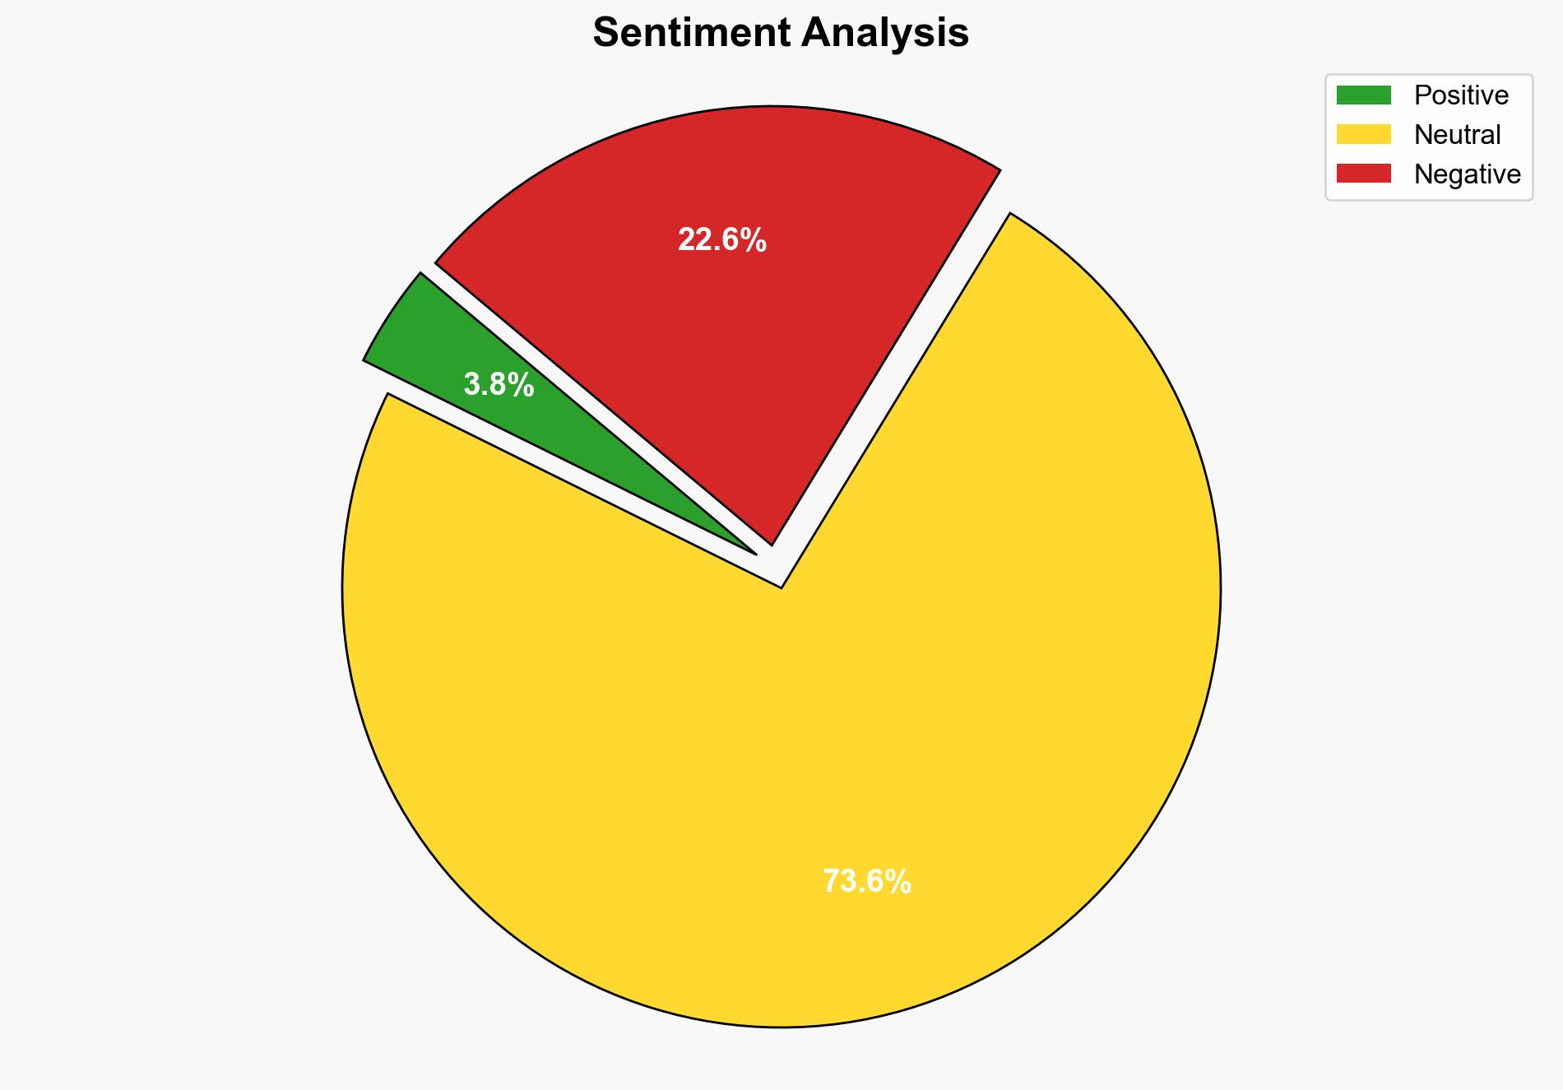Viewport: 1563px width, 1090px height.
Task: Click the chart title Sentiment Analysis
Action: pyautogui.click(x=781, y=34)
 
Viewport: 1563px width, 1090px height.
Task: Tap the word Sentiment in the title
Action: pyautogui.click(x=691, y=34)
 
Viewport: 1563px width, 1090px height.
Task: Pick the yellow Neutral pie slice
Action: pyautogui.click(x=781, y=782)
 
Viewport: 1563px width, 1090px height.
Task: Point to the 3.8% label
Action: pyautogui.click(x=499, y=385)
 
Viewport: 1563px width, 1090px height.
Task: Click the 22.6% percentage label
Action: pyautogui.click(x=721, y=240)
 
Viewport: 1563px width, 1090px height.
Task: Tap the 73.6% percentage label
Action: pyautogui.click(x=866, y=882)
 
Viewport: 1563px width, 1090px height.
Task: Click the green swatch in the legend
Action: pyautogui.click(x=1363, y=95)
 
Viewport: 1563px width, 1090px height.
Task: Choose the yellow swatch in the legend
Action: pyautogui.click(x=1363, y=134)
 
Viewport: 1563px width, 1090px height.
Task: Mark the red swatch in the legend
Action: pyautogui.click(x=1363, y=174)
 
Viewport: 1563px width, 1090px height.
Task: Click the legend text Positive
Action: pyautogui.click(x=1461, y=95)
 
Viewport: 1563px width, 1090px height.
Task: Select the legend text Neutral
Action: pyautogui.click(x=1457, y=134)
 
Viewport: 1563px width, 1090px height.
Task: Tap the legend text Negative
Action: pyautogui.click(x=1467, y=174)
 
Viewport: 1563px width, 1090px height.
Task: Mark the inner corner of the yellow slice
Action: pyautogui.click(x=781, y=586)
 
